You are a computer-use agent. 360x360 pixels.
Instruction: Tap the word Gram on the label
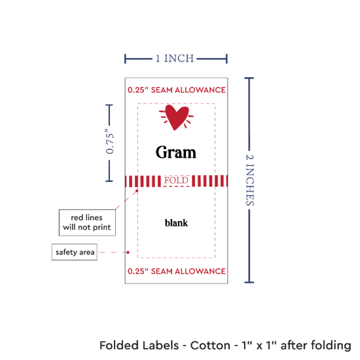(x=176, y=153)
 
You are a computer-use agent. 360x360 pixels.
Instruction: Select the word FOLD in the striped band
(x=176, y=180)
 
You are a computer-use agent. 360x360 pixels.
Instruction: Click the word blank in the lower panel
(x=176, y=223)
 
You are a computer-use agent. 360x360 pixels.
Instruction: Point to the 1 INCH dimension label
(x=175, y=58)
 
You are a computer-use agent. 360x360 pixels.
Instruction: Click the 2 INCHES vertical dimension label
(x=250, y=180)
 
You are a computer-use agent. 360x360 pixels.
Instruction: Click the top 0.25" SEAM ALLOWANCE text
(x=177, y=90)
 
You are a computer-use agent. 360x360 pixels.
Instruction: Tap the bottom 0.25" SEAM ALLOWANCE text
(x=177, y=271)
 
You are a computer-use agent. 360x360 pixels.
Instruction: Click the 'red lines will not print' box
(x=87, y=223)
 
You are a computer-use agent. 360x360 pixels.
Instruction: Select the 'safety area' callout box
(x=75, y=252)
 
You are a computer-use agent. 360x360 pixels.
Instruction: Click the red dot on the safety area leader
(x=128, y=252)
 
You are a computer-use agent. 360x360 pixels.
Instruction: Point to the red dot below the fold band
(x=137, y=190)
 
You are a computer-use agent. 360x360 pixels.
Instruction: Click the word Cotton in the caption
(x=210, y=346)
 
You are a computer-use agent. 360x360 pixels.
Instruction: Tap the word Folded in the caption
(x=119, y=346)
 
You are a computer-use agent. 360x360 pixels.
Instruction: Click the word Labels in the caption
(x=160, y=346)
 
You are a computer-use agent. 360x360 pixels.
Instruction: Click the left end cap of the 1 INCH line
(x=125, y=59)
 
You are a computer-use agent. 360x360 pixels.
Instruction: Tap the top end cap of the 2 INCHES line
(x=249, y=79)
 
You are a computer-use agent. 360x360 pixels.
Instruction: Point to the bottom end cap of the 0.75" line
(x=109, y=181)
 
